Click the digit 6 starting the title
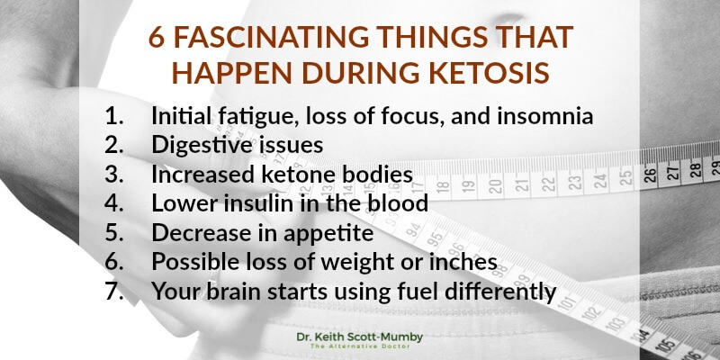coord(157,37)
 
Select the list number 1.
coord(114,117)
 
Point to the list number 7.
coord(114,291)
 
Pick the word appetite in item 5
coord(328,234)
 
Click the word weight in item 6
coord(355,263)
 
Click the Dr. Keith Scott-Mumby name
coord(359,337)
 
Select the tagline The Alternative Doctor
coord(359,346)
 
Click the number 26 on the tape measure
coord(649,175)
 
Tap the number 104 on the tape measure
coord(642,333)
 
